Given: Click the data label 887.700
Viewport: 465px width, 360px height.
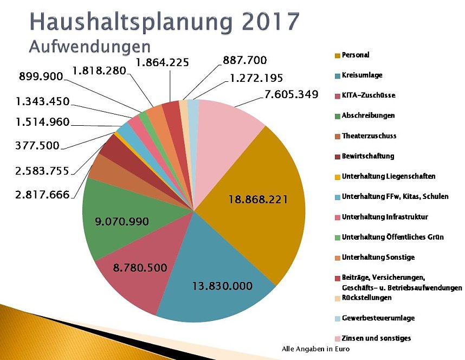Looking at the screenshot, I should pyautogui.click(x=245, y=60).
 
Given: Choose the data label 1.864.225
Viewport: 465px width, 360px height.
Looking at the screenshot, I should pyautogui.click(x=162, y=63).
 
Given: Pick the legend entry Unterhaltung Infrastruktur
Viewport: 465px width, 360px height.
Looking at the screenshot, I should pyautogui.click(x=385, y=217).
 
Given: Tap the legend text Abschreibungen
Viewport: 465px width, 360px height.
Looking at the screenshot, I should pyautogui.click(x=368, y=115).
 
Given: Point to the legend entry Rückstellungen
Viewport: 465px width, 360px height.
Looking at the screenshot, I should pyautogui.click(x=366, y=298).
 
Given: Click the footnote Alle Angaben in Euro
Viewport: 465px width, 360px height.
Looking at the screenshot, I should pyautogui.click(x=316, y=349).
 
